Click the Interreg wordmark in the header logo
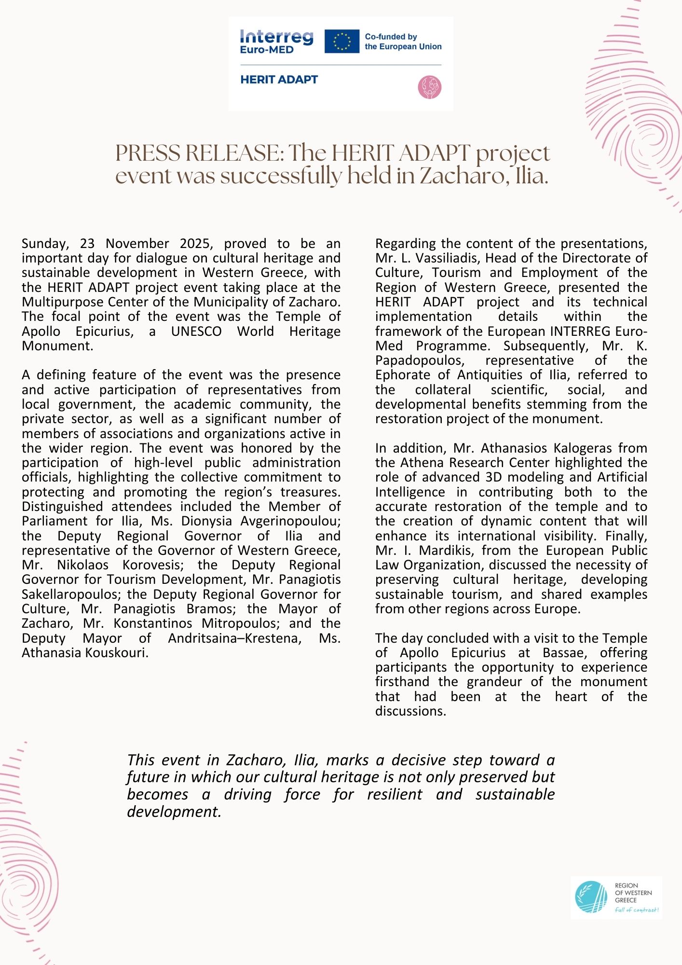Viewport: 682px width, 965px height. pyautogui.click(x=276, y=37)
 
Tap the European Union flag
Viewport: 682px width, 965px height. pyautogui.click(x=341, y=41)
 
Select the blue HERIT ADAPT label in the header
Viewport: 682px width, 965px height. pyautogui.click(x=279, y=80)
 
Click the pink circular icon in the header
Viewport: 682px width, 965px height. pyautogui.click(x=429, y=87)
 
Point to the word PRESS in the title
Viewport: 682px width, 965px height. pyautogui.click(x=147, y=153)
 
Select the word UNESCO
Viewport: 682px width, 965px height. pyautogui.click(x=196, y=331)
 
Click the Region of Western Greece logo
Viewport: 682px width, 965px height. pyautogui.click(x=616, y=897)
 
